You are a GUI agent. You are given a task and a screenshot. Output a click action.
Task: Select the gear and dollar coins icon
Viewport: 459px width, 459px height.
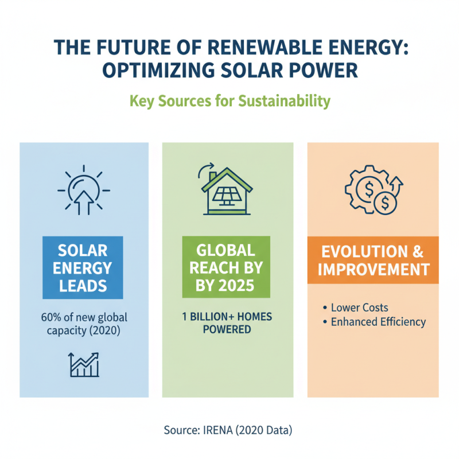click(373, 192)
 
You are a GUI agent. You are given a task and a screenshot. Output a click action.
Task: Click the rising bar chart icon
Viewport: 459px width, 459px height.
click(84, 364)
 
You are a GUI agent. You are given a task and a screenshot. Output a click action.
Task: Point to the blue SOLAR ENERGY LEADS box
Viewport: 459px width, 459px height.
click(84, 267)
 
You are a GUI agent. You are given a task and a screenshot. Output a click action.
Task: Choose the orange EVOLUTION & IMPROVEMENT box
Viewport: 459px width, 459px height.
click(373, 260)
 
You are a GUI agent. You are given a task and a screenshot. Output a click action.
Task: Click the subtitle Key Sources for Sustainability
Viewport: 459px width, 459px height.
click(229, 102)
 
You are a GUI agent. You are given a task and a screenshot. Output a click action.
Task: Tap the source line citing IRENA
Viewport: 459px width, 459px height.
click(228, 430)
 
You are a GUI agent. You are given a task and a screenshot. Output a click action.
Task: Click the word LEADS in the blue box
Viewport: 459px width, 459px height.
click(84, 285)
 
